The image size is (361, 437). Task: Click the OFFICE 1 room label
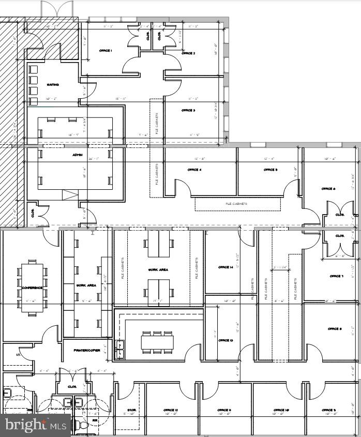pos(106,51)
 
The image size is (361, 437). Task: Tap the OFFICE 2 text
pos(188,53)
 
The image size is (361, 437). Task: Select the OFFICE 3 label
pos(188,110)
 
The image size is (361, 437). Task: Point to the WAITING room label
pos(53,85)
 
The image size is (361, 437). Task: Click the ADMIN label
pos(77,154)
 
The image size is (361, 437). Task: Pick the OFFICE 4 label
pos(194,170)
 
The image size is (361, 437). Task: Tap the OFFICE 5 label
pos(270,170)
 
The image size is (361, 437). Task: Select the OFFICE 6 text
pos(328,189)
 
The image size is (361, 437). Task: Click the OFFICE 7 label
pos(336,276)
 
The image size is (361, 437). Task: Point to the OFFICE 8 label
pos(335,329)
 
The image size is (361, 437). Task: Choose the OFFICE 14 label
pos(225,267)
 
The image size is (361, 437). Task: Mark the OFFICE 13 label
pos(225,341)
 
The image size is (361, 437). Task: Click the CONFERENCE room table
pos(33,288)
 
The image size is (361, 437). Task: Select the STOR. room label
pos(132,410)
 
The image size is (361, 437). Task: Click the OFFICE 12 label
pos(171,410)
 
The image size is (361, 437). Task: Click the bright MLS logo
pos(35,425)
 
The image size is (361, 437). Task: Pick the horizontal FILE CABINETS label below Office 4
pos(236,204)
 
